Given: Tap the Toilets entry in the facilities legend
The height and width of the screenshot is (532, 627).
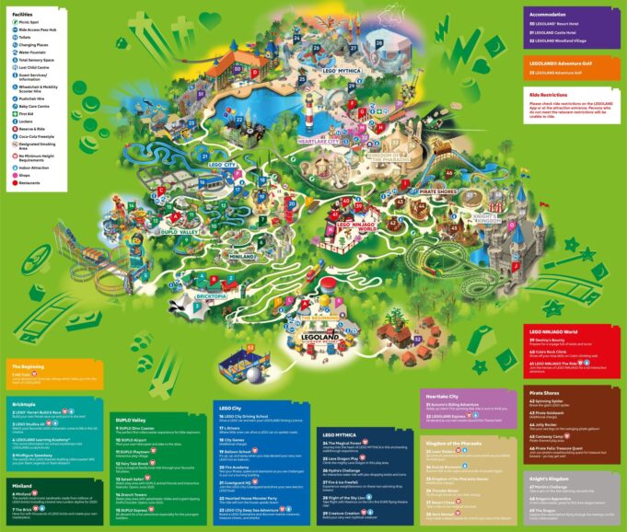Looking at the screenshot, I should coord(30,37).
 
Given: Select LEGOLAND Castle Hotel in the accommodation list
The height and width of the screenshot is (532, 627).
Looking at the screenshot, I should coord(564,32).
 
